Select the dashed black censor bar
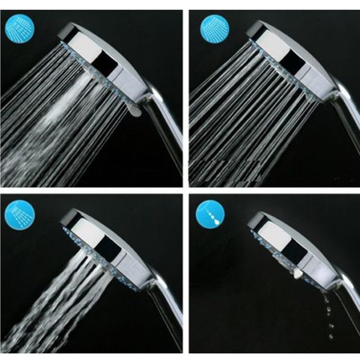pos(225,171)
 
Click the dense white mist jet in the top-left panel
pos(67,103)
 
